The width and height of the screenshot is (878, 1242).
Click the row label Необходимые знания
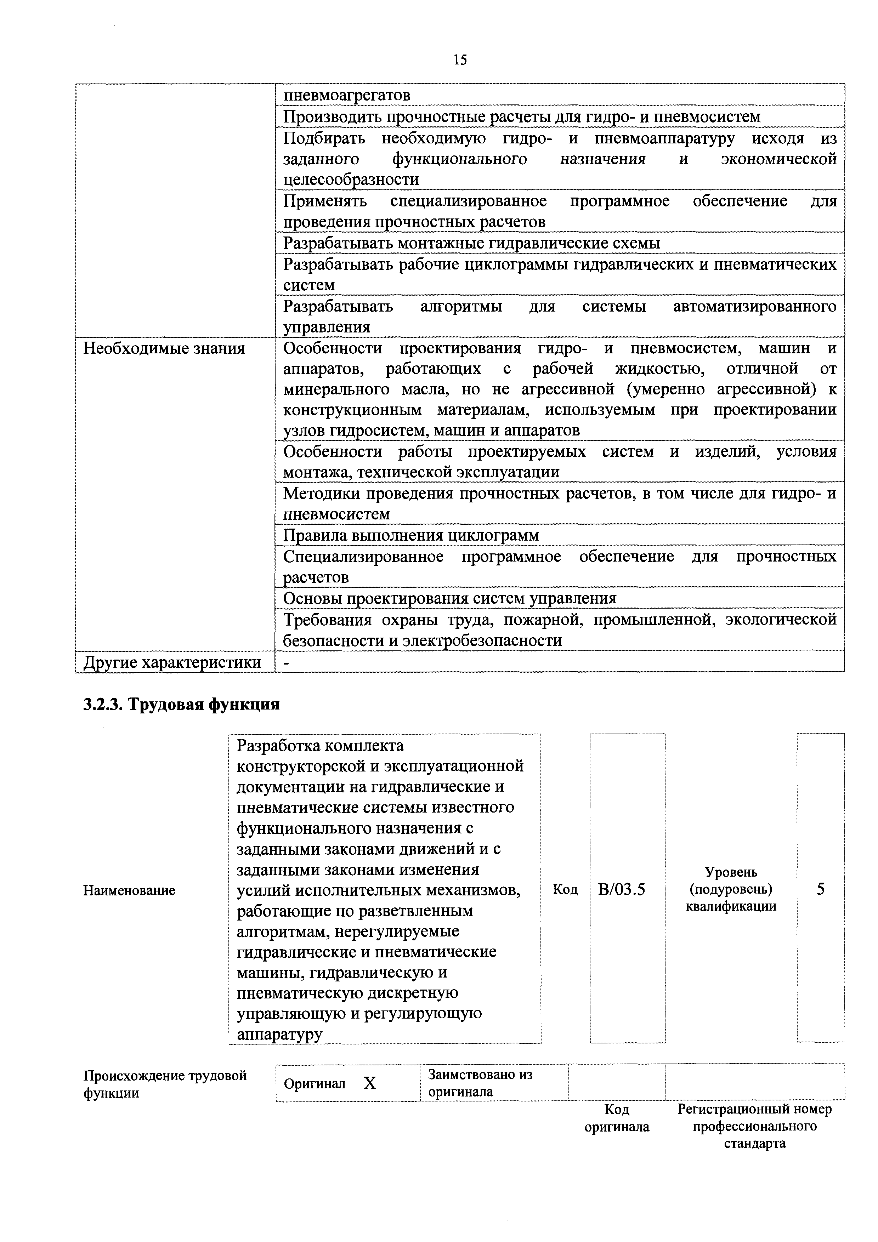pyautogui.click(x=164, y=348)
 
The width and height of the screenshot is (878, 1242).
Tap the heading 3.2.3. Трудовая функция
pyautogui.click(x=181, y=705)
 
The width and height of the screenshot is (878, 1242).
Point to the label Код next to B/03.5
pyautogui.click(x=565, y=890)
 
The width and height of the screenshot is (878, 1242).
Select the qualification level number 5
pyautogui.click(x=821, y=889)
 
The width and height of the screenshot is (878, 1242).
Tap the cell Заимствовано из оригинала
pyautogui.click(x=480, y=1083)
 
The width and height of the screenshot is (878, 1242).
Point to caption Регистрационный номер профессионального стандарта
pyautogui.click(x=755, y=1127)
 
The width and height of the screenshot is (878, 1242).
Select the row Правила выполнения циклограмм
pyautogui.click(x=411, y=536)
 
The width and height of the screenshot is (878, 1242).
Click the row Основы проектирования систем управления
pyautogui.click(x=449, y=598)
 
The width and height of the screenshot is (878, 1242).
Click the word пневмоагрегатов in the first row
pyautogui.click(x=347, y=95)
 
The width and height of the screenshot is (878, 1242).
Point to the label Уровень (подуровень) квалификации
pyautogui.click(x=731, y=889)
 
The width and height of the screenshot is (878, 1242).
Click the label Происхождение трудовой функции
pyautogui.click(x=164, y=1083)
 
